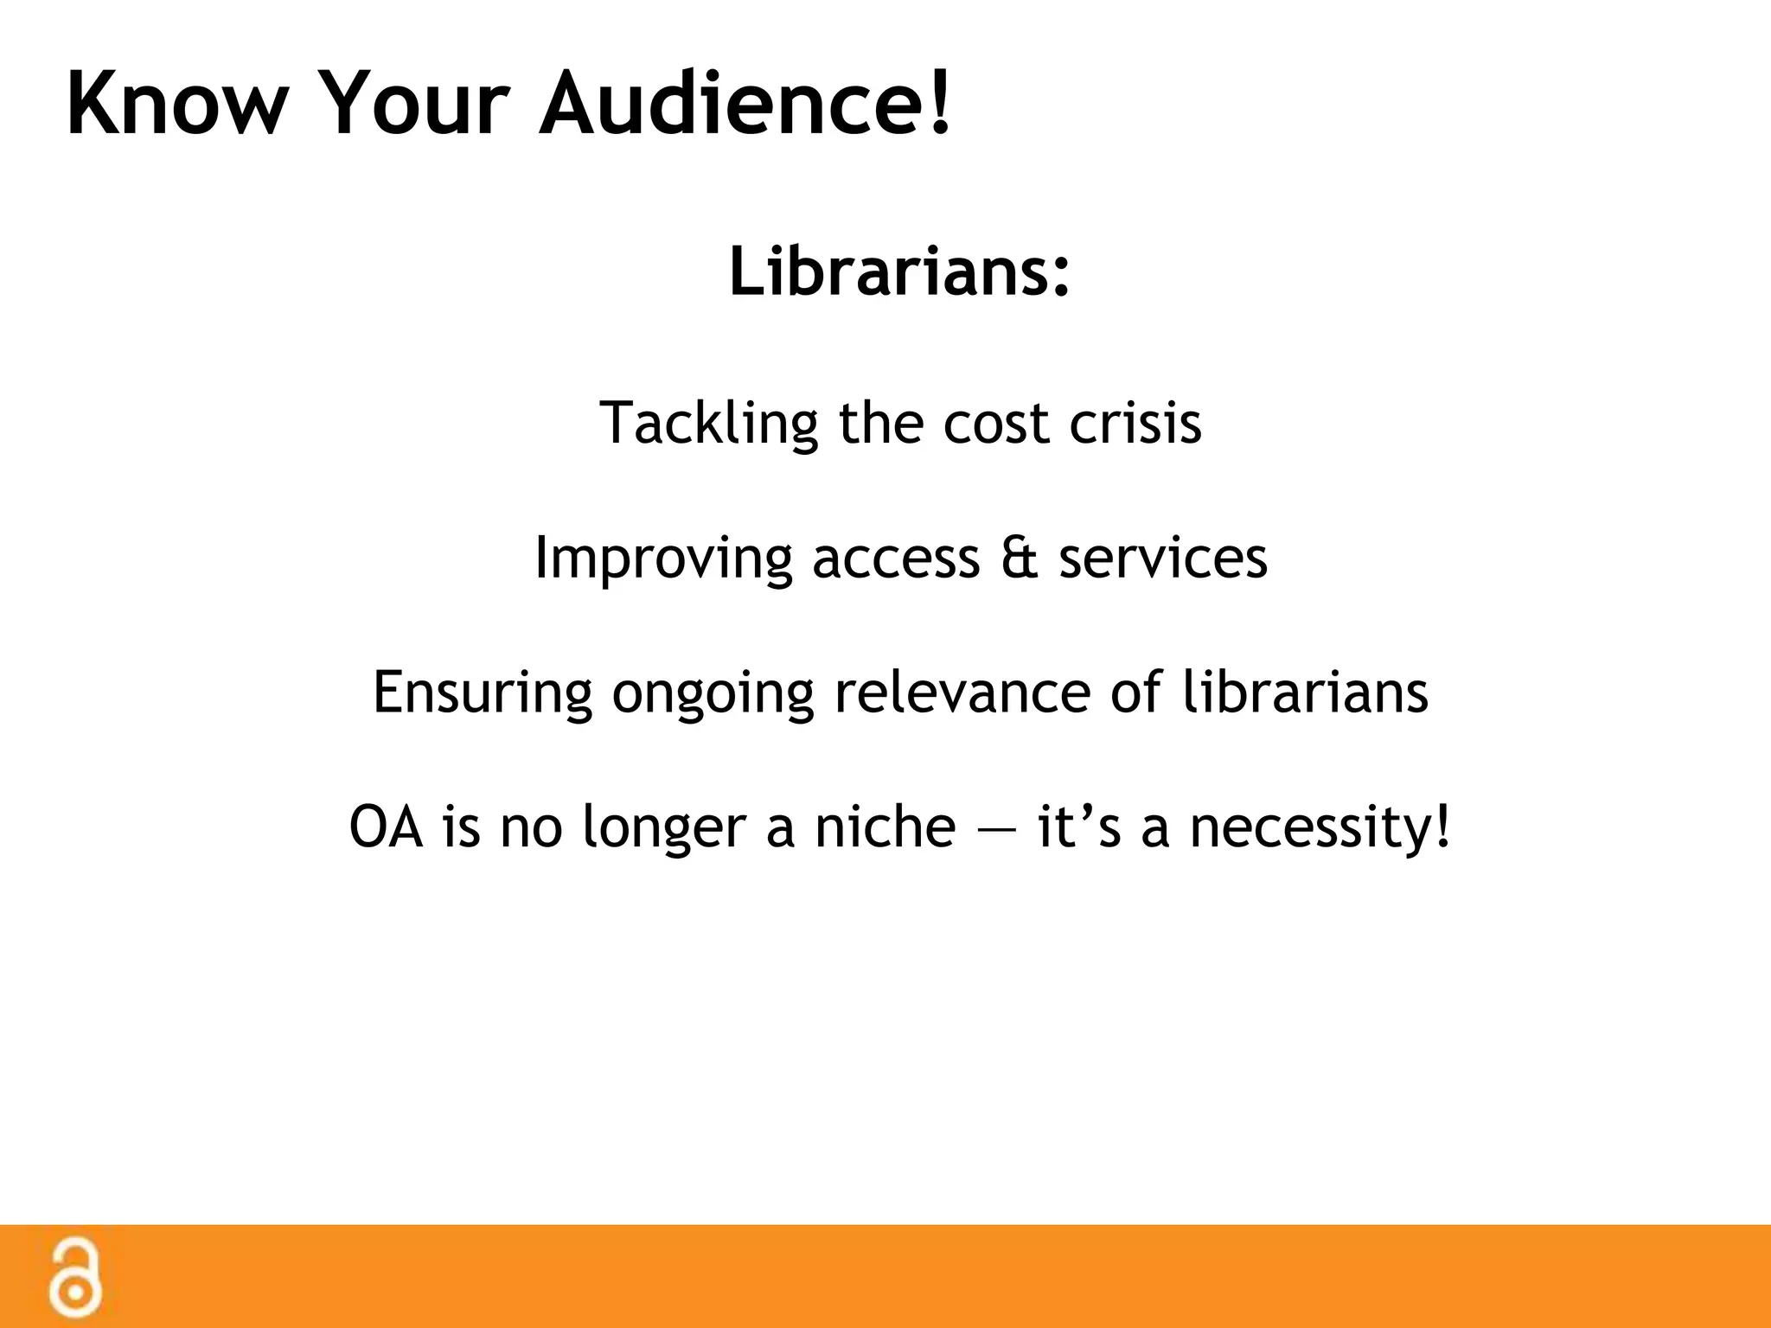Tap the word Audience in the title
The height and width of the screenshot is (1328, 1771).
coord(732,104)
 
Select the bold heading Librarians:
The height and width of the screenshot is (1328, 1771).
coord(899,271)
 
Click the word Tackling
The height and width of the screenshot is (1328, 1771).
coord(708,425)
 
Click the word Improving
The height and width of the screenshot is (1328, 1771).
coord(662,559)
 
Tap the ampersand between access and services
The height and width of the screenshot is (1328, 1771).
coord(1019,559)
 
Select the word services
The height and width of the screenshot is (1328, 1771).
coord(1163,559)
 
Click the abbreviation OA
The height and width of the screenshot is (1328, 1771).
coord(386,827)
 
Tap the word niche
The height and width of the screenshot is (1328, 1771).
coord(885,827)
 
